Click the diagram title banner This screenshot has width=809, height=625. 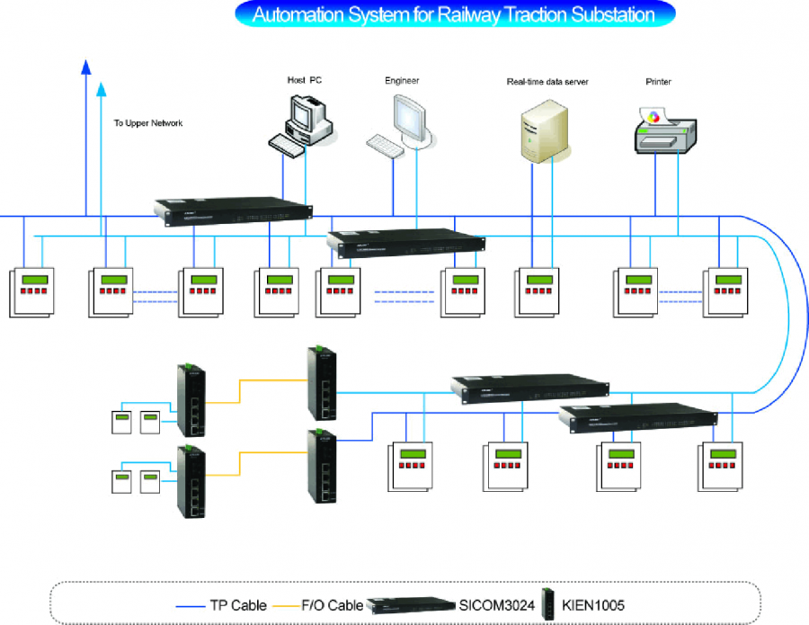click(x=455, y=14)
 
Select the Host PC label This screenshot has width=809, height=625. click(x=305, y=81)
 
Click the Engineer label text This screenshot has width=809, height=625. click(x=402, y=81)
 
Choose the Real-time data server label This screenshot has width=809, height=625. click(x=547, y=82)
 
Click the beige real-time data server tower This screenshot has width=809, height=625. click(x=544, y=131)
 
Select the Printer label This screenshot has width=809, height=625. click(x=658, y=82)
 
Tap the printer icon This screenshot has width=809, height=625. click(x=665, y=130)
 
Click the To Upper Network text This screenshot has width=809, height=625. click(x=148, y=123)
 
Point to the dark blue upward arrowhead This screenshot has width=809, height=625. click(x=86, y=67)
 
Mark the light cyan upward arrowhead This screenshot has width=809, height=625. click(x=102, y=89)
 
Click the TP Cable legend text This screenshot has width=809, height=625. click(x=238, y=605)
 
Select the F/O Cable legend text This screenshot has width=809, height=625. click(x=333, y=605)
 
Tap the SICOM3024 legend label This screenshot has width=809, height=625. click(x=497, y=605)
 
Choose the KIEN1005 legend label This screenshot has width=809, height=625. click(x=593, y=605)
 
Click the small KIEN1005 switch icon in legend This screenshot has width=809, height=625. click(x=549, y=603)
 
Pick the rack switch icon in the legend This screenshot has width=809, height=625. click(x=411, y=605)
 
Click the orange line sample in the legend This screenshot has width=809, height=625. click(x=287, y=606)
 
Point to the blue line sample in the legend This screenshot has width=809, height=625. click(x=191, y=606)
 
